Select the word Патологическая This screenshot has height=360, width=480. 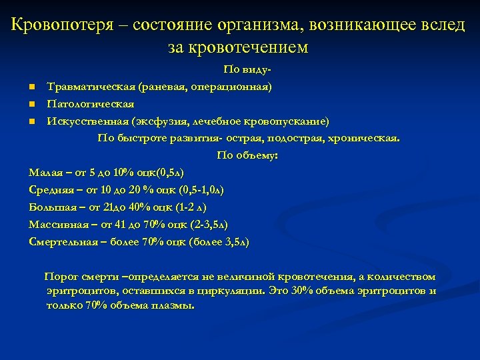click(x=90, y=104)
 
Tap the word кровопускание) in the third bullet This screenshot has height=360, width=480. click(x=288, y=121)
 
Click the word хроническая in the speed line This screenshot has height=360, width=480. click(x=367, y=139)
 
